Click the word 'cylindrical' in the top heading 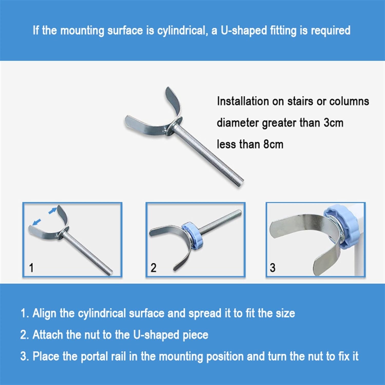(x=182, y=31)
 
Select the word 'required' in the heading (x=331, y=31)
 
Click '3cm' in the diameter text (x=333, y=123)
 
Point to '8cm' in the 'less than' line (x=273, y=144)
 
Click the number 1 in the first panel (x=31, y=268)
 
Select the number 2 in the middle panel (x=153, y=268)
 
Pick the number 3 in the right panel (x=273, y=268)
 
